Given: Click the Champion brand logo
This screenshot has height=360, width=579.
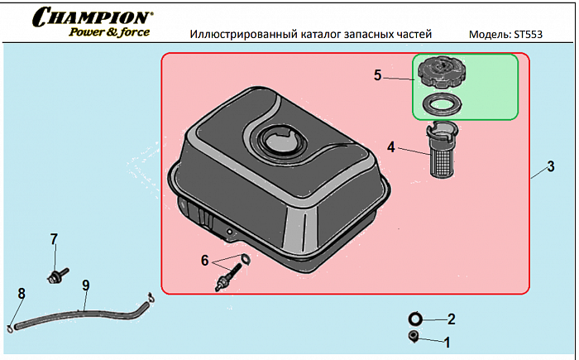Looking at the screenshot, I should [x=92, y=17].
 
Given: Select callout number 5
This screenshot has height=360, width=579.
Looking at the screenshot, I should [x=377, y=75].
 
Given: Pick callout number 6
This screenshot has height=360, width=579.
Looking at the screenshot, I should [x=205, y=259].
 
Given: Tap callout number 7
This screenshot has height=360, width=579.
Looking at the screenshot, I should [x=54, y=239].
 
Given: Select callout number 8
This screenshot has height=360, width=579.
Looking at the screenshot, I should [x=22, y=293].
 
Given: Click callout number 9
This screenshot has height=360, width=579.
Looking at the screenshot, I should [x=85, y=286].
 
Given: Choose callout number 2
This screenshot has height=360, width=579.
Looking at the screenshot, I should [x=451, y=319].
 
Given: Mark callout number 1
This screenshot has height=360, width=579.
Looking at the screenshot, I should [x=447, y=340].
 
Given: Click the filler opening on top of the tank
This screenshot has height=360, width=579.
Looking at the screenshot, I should [x=281, y=141].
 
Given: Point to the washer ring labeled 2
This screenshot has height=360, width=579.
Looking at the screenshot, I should [x=415, y=319].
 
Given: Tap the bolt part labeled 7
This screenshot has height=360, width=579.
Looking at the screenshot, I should [x=55, y=274].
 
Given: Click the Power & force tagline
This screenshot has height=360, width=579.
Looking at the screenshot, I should [x=108, y=33].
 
